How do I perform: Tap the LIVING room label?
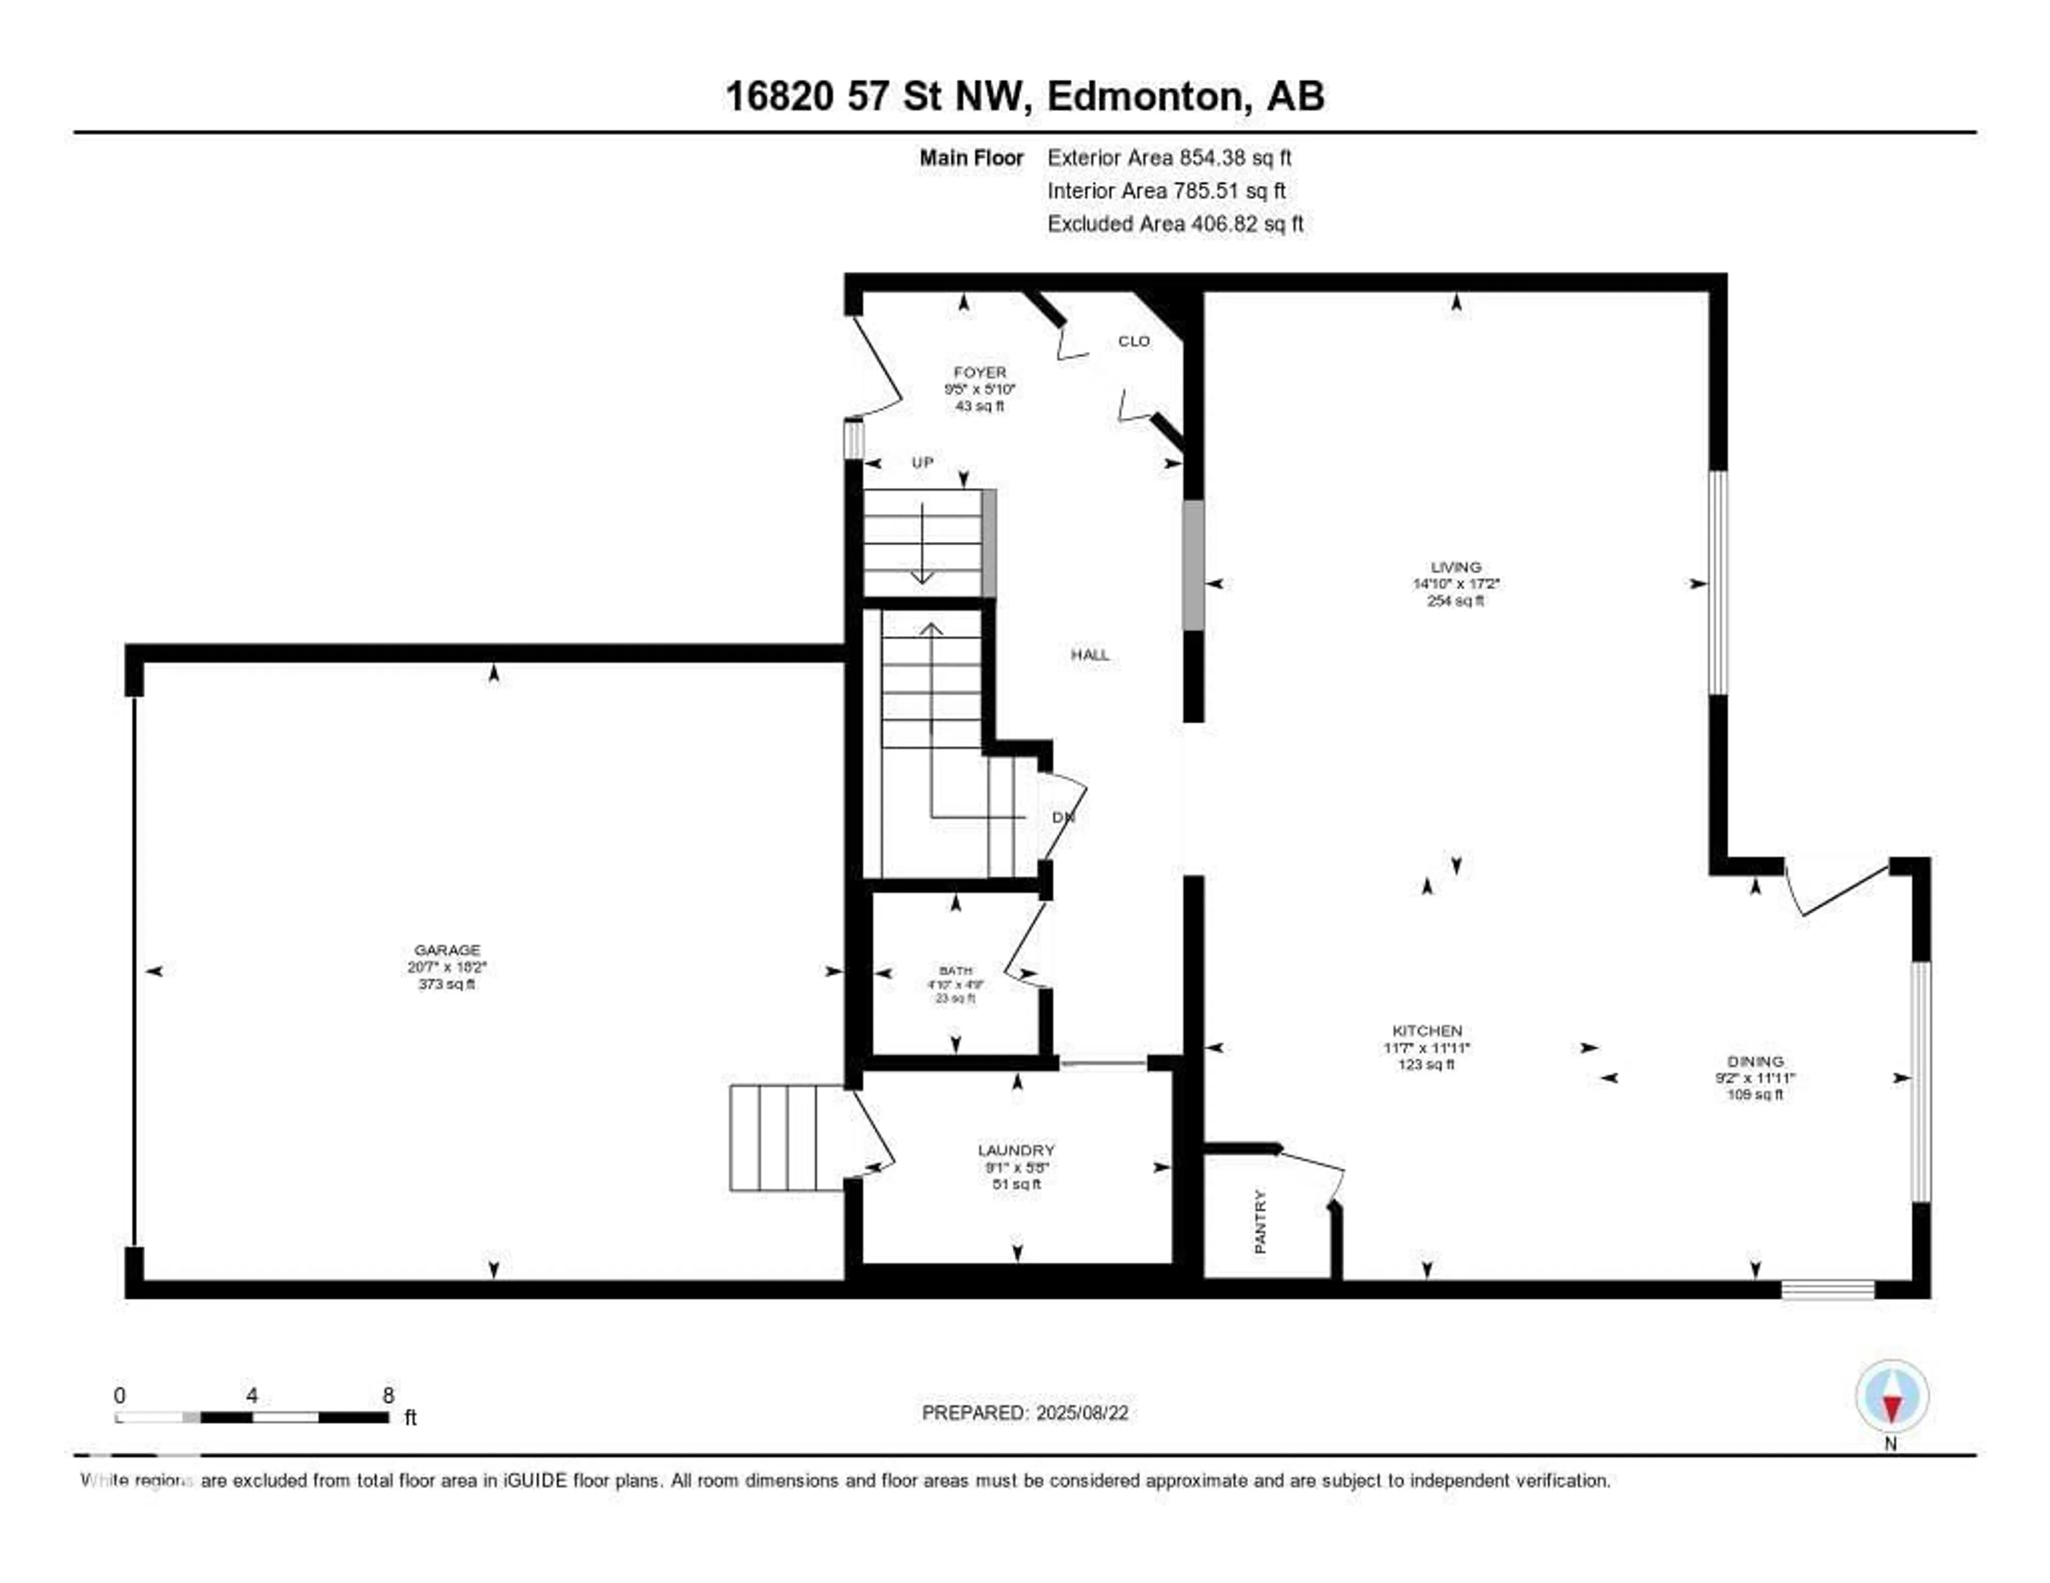[x=1456, y=567]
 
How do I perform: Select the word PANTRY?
[x=1260, y=1222]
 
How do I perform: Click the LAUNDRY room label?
[x=1016, y=1150]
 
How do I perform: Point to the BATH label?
[x=956, y=970]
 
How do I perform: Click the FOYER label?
[x=980, y=373]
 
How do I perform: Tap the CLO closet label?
[x=1134, y=342]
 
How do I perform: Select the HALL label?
[x=1090, y=655]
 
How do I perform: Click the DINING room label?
[x=1755, y=1061]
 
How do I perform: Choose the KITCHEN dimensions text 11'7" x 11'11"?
[x=1427, y=1048]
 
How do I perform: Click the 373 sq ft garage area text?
[x=447, y=984]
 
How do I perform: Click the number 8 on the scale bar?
[x=389, y=1395]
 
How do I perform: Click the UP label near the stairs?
[x=922, y=463]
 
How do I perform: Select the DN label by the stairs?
[x=1062, y=817]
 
